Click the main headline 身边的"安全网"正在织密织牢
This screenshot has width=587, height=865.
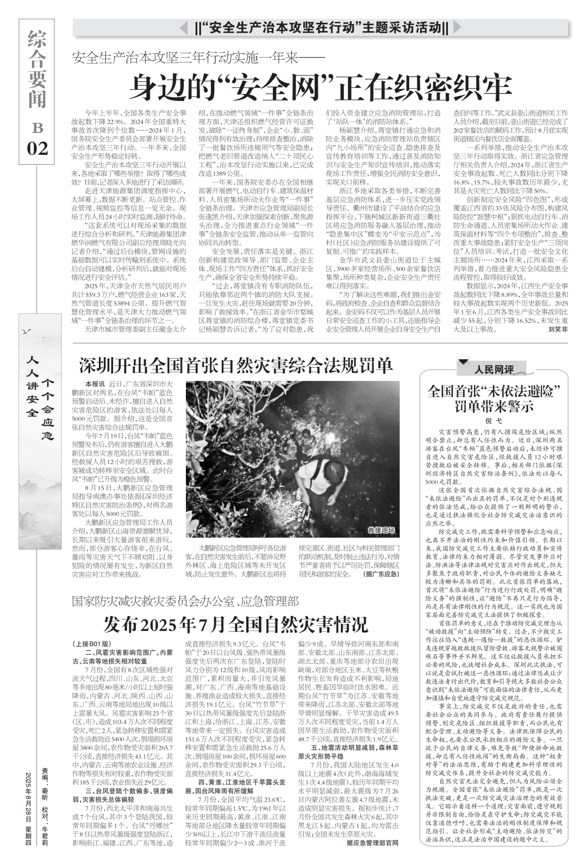[323, 85]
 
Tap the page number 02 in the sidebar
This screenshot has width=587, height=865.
[38, 148]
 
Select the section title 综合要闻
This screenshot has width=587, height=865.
[37, 69]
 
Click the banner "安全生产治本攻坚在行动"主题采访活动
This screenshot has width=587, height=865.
[322, 27]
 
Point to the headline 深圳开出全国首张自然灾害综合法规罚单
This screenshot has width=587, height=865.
[236, 365]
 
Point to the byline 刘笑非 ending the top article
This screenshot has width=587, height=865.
[557, 329]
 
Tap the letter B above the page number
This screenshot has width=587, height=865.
[37, 128]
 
